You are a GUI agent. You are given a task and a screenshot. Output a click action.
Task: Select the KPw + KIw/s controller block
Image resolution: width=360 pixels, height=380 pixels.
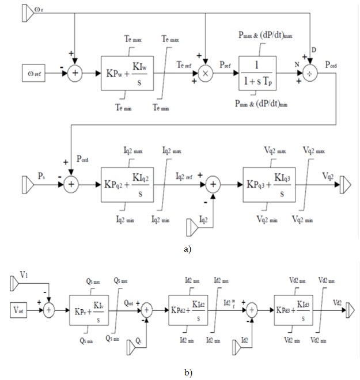tap(125, 73)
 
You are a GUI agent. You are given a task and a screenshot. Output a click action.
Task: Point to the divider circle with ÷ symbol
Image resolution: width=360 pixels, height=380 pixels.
tap(310, 74)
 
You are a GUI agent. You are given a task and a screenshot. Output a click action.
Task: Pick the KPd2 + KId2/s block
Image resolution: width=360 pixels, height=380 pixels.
tap(188, 311)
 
